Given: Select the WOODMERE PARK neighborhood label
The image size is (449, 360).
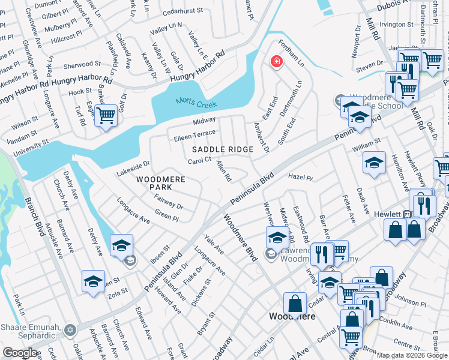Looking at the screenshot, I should pyautogui.click(x=158, y=183).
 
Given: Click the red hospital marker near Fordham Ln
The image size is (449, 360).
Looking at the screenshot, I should pyautogui.click(x=276, y=62).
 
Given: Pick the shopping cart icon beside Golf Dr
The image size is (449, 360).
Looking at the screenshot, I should pyautogui.click(x=106, y=115).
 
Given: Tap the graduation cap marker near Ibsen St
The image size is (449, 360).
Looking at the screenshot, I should pyautogui.click(x=121, y=245).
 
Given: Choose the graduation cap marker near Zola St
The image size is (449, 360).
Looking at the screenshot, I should pyautogui.click(x=94, y=281).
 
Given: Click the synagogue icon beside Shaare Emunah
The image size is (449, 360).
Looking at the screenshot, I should pyautogui.click(x=70, y=330).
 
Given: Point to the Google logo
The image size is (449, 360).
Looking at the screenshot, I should pyautogui.click(x=20, y=353).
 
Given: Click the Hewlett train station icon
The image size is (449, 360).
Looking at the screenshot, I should pyautogui.click(x=408, y=214).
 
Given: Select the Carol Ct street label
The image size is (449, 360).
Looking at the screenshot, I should pyautogui.click(x=200, y=160).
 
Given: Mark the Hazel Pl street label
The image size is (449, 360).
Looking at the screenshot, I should pyautogui.click(x=301, y=178).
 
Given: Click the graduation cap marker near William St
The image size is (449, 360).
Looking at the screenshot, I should pyautogui.click(x=374, y=163).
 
